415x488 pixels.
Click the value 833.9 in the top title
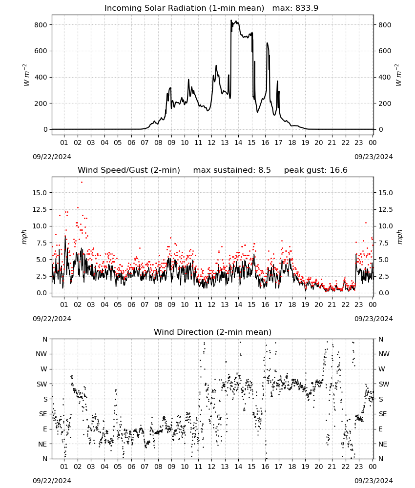click(307, 8)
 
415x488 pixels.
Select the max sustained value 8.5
click(264, 170)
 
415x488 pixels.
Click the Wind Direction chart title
click(213, 332)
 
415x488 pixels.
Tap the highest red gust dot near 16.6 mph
click(82, 183)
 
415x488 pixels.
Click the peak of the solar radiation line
click(231, 20)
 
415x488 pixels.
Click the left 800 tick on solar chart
click(41, 25)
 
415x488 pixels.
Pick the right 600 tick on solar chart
click(385, 51)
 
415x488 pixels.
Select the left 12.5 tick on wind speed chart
click(40, 209)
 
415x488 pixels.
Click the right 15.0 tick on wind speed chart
click(385, 193)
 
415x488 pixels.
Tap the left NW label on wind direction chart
click(41, 354)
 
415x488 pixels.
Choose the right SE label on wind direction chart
click(383, 414)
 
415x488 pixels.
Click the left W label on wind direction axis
click(44, 369)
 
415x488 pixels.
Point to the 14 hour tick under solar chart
click(238, 142)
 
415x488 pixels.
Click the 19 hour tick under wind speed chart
click(306, 305)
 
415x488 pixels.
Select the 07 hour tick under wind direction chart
click(145, 467)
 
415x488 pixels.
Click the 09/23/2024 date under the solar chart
click(373, 157)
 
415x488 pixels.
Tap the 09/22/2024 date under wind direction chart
click(52, 481)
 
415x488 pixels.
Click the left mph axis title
click(24, 237)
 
